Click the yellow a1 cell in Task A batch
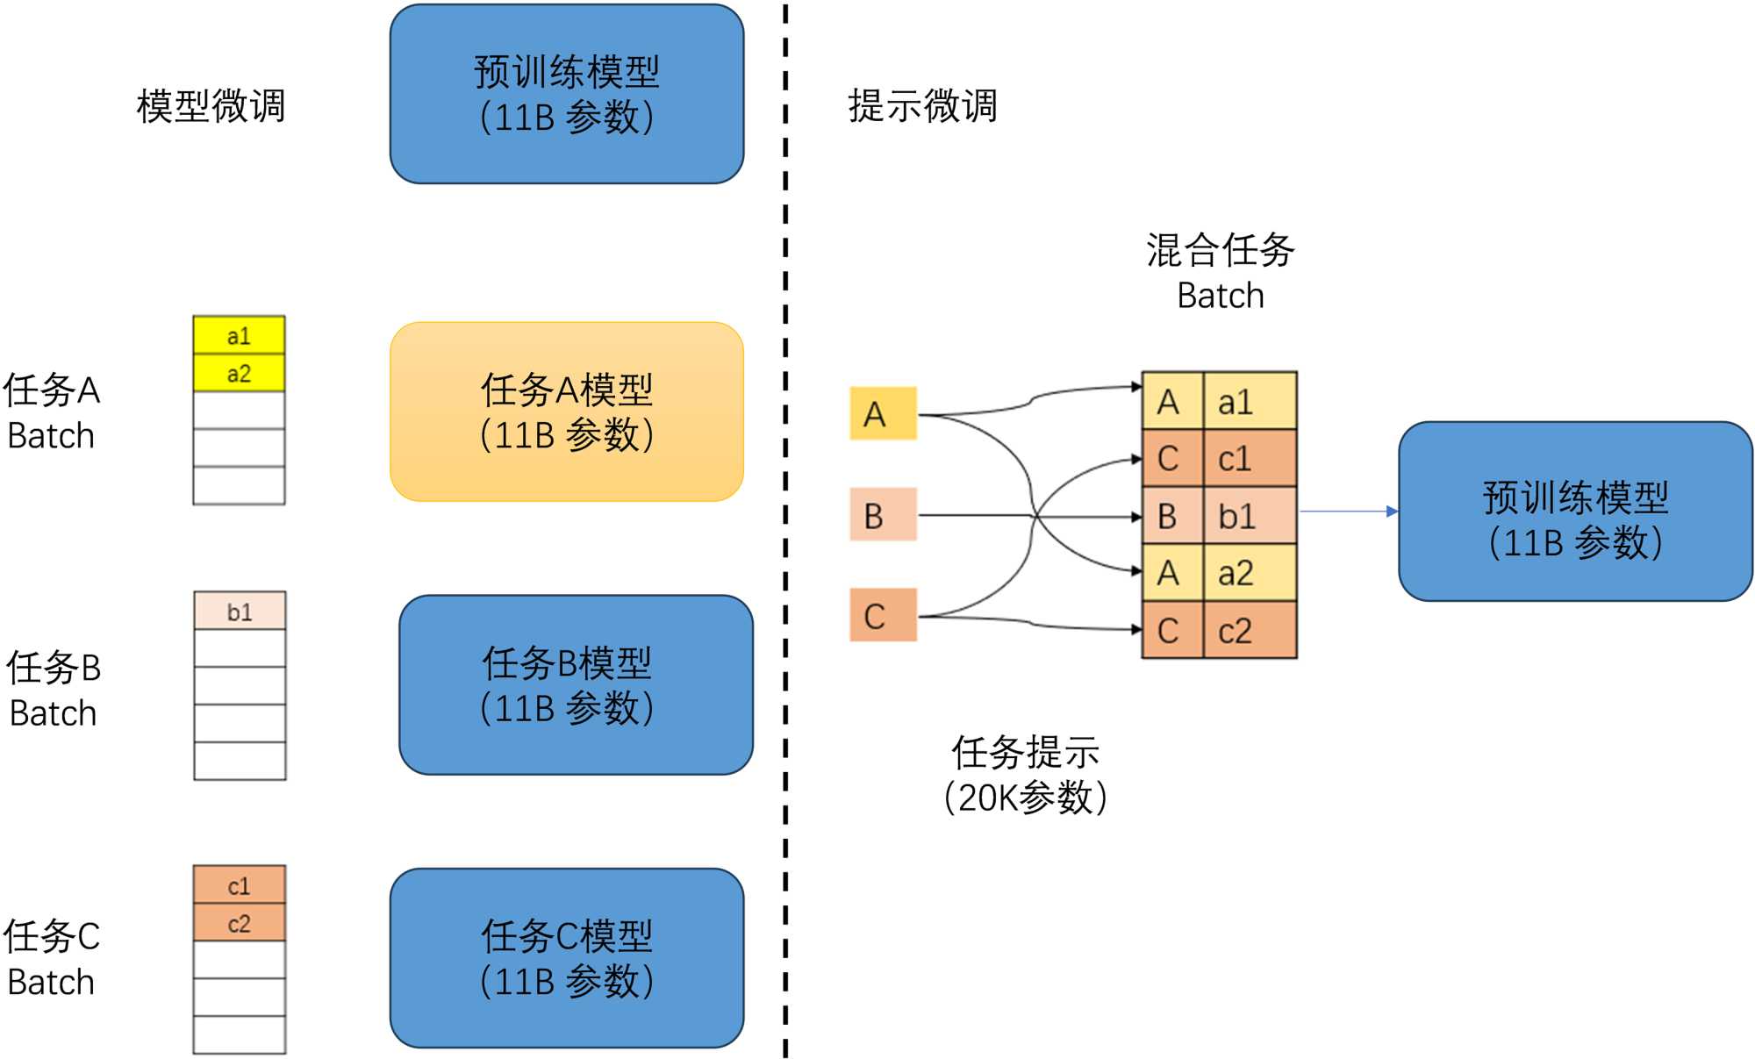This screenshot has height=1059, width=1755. click(239, 335)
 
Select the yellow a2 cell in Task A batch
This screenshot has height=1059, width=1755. click(239, 373)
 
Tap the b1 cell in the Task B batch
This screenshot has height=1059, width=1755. click(240, 611)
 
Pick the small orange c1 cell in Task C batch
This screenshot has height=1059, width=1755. click(239, 885)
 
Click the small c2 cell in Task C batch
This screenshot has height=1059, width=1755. click(239, 923)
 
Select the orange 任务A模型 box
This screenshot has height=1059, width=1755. click(567, 411)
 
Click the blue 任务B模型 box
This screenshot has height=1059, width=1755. click(576, 685)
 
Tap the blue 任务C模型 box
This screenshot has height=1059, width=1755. click(567, 958)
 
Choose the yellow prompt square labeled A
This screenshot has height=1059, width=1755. click(883, 413)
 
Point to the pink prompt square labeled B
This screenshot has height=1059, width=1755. click(883, 515)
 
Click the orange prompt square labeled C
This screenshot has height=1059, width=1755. click(883, 615)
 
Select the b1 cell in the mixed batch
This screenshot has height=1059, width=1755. click(1249, 516)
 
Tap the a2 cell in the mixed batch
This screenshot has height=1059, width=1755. click(1249, 573)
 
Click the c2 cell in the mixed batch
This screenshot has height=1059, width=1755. click(1249, 630)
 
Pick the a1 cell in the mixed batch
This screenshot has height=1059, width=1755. click(1249, 402)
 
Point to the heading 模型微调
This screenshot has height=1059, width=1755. click(211, 105)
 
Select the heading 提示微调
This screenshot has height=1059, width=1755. click(922, 105)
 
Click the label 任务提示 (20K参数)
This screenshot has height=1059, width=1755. click(1025, 775)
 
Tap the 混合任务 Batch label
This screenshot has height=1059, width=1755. click(1220, 272)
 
